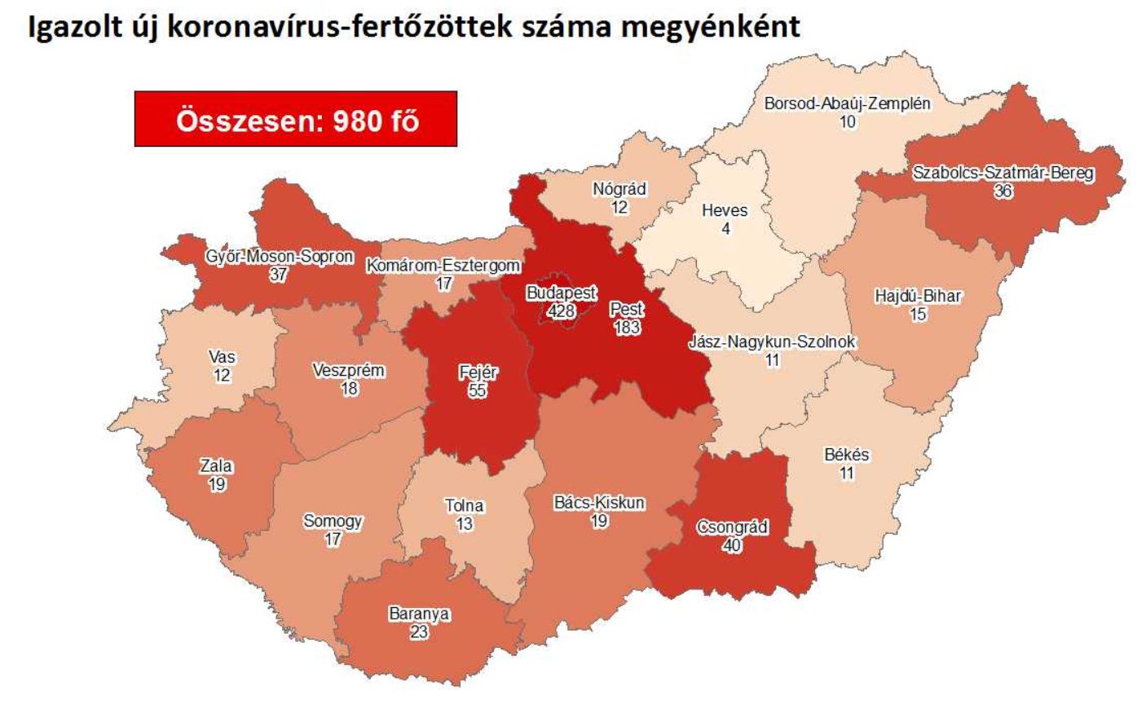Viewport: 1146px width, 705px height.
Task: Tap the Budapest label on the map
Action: tap(562, 293)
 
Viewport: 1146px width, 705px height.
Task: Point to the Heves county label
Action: tap(725, 211)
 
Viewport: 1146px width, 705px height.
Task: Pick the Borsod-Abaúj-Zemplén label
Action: tap(847, 104)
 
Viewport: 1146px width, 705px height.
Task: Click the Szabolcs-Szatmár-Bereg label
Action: tap(1003, 174)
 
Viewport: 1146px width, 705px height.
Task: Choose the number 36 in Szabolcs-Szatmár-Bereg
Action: tap(1003, 191)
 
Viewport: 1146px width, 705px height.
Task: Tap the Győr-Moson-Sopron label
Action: tap(279, 257)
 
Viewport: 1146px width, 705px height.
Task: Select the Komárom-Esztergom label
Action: tap(443, 267)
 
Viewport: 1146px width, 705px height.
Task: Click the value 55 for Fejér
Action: tap(478, 390)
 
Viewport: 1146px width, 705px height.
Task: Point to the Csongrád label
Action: tap(732, 527)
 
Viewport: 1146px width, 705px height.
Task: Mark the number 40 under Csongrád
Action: tap(732, 544)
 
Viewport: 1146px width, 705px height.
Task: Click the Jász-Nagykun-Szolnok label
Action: tap(773, 342)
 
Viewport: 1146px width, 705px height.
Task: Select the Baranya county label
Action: tap(419, 615)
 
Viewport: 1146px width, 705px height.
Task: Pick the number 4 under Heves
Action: tap(725, 228)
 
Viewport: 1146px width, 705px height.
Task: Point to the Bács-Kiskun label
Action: tap(599, 503)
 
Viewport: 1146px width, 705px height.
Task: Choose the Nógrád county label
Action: tap(619, 189)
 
